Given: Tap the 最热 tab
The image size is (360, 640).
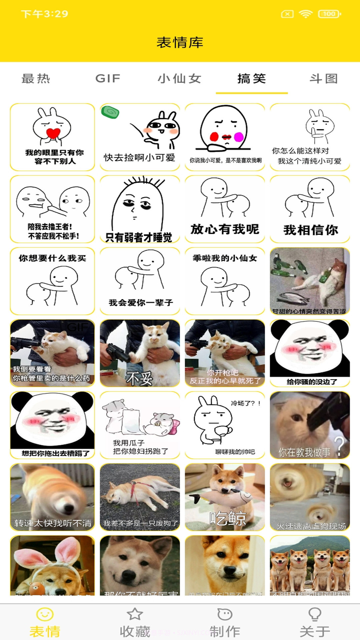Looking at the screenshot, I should [36, 79].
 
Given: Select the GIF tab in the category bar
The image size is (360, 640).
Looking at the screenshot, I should [108, 79].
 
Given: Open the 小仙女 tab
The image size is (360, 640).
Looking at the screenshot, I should [180, 79].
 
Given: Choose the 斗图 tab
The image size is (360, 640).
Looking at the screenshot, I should [324, 79].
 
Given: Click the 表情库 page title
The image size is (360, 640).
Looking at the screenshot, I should [180, 42].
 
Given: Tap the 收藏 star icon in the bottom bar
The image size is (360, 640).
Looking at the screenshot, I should [135, 614].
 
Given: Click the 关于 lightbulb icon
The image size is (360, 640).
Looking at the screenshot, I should [315, 614].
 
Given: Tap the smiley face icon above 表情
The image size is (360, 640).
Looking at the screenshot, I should [45, 614].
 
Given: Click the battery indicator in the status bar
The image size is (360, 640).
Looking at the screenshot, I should [329, 14].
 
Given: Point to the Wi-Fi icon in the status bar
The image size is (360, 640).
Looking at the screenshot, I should [305, 14].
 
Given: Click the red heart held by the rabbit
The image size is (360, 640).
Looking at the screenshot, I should [53, 133].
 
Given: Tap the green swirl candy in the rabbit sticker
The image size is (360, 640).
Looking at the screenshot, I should [110, 112].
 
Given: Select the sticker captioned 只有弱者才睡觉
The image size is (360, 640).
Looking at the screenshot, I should [140, 209].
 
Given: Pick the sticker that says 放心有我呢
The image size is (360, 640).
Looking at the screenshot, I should [225, 209].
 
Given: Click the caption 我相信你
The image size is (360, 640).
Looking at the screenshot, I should [311, 230].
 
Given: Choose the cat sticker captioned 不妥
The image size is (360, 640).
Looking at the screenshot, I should [140, 353].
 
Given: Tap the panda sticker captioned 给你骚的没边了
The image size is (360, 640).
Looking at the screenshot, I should [310, 353].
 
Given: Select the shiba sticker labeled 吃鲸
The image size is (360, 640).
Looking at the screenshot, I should [225, 497].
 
